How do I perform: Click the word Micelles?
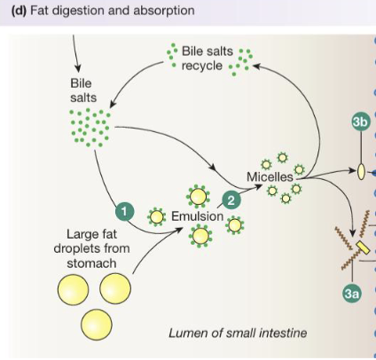point(270,176)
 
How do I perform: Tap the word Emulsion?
point(198,216)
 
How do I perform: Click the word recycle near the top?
point(201,67)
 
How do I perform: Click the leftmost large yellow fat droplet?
point(74,291)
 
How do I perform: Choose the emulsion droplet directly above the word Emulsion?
point(198,195)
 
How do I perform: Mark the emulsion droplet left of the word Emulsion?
point(158,215)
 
